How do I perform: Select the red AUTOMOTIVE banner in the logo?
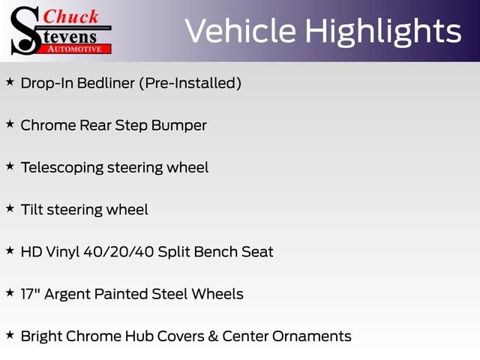[x=75, y=48]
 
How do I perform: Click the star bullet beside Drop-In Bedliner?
[x=10, y=82]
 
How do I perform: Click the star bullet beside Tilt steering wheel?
[x=10, y=208]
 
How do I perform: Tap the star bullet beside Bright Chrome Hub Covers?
[x=10, y=334]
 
